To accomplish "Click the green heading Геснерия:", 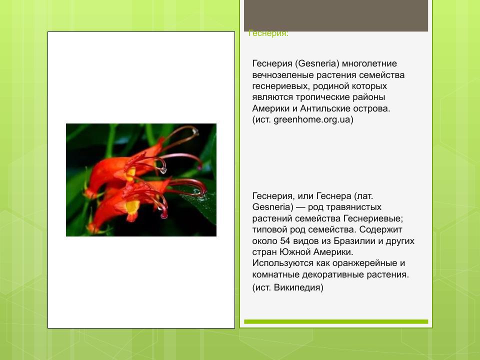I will click(268, 33).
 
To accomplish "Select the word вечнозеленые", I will click(282, 75).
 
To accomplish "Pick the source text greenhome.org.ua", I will click(312, 120).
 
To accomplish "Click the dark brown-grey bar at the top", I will click(336, 15).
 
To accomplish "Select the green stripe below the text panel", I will click(336, 321).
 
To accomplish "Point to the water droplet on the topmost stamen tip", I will click(195, 131).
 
